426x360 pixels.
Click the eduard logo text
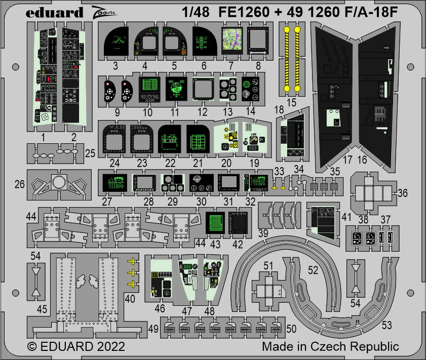click(x=54, y=12)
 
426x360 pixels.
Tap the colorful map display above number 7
click(x=232, y=40)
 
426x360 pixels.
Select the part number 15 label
click(x=291, y=102)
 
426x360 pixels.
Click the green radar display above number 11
click(x=176, y=89)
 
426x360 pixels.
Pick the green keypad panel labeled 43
click(x=215, y=223)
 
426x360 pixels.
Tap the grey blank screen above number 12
click(x=203, y=89)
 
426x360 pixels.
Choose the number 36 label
click(x=402, y=193)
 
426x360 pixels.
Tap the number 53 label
click(x=387, y=325)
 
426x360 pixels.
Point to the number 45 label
click(x=42, y=309)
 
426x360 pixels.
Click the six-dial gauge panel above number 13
click(x=228, y=89)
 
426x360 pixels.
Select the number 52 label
click(x=313, y=270)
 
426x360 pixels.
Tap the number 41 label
click(x=346, y=217)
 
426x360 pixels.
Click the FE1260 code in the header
click(x=244, y=12)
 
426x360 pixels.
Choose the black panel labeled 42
click(x=238, y=223)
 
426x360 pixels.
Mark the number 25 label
click(x=91, y=153)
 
